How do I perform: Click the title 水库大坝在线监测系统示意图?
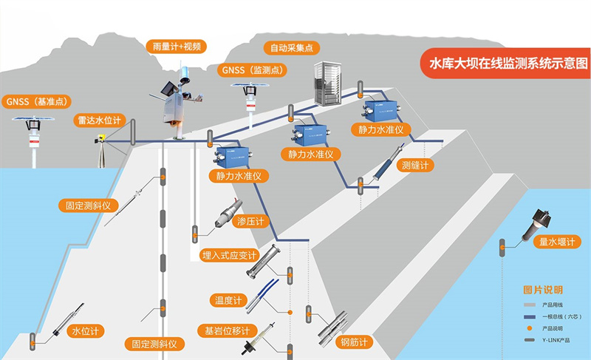508,63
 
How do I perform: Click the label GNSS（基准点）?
35,101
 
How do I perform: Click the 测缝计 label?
413,165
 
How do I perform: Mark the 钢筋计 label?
354,342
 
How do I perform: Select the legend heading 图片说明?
542,289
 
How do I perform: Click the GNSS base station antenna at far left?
32,119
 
